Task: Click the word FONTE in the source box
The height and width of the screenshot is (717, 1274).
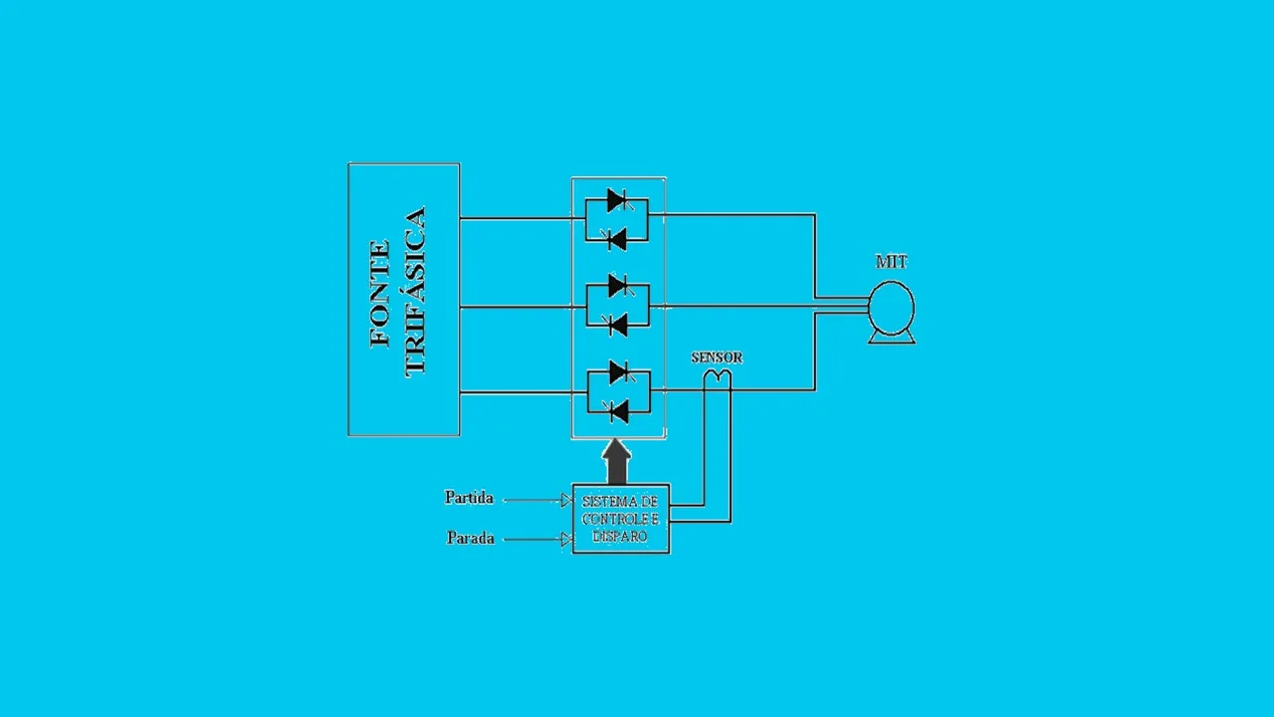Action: pyautogui.click(x=379, y=294)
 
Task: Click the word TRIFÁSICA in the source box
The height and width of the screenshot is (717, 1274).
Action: pyautogui.click(x=415, y=293)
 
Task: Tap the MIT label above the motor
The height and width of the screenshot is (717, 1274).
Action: pyautogui.click(x=891, y=262)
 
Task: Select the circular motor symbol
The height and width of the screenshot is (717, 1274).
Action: pyautogui.click(x=891, y=308)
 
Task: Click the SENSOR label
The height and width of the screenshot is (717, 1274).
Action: pyautogui.click(x=717, y=358)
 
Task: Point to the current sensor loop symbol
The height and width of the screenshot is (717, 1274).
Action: pyautogui.click(x=718, y=377)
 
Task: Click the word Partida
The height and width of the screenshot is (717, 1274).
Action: pyautogui.click(x=469, y=498)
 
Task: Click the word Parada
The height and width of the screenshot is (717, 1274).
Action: pyautogui.click(x=471, y=538)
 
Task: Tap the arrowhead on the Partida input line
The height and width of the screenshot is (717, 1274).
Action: pyautogui.click(x=566, y=500)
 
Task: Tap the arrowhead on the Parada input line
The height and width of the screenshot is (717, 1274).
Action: pyautogui.click(x=566, y=539)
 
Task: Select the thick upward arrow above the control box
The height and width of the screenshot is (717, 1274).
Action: pyautogui.click(x=616, y=461)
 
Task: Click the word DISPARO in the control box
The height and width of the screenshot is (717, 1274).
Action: pyautogui.click(x=619, y=536)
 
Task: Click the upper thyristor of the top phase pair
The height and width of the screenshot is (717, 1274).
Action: pyautogui.click(x=619, y=200)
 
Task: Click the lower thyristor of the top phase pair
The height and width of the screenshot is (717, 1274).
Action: pyautogui.click(x=615, y=239)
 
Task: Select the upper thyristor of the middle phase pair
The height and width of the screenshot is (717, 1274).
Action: pyautogui.click(x=619, y=286)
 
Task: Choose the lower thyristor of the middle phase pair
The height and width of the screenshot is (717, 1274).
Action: pyautogui.click(x=616, y=325)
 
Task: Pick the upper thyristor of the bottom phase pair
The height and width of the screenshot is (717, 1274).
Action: pyautogui.click(x=620, y=372)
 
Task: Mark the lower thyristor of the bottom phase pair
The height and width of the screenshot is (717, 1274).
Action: pyautogui.click(x=617, y=411)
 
